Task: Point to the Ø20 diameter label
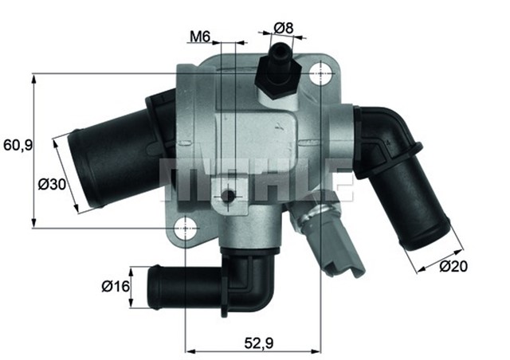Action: [453, 266]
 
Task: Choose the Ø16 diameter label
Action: [116, 285]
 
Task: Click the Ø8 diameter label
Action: [283, 28]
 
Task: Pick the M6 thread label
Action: [199, 36]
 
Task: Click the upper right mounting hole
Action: [320, 75]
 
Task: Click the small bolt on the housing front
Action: [229, 196]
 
